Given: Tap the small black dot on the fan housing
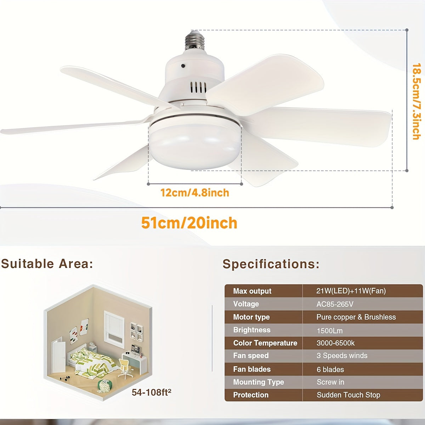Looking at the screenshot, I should (x=183, y=66).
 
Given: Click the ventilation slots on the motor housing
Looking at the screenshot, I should (x=198, y=87).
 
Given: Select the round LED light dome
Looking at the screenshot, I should (x=194, y=145).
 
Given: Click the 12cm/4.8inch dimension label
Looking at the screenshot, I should (x=195, y=193).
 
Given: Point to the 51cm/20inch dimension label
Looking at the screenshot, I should (x=189, y=223).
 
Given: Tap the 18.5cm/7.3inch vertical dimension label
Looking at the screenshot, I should (x=417, y=101).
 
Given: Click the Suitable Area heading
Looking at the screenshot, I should (x=47, y=264).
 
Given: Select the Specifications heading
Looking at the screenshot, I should (x=271, y=264).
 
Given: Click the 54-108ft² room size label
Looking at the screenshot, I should (x=152, y=392).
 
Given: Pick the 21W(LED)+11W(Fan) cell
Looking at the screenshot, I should (x=351, y=291).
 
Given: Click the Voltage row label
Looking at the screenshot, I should (x=246, y=304).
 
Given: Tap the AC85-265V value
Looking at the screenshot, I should (x=335, y=304).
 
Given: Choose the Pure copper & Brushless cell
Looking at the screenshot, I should (x=356, y=317).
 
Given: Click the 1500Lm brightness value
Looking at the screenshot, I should (x=330, y=330).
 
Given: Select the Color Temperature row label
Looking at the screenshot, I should (x=265, y=343).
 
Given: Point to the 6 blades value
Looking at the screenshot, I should (x=330, y=369).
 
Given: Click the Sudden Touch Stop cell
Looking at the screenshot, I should (x=348, y=395).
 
